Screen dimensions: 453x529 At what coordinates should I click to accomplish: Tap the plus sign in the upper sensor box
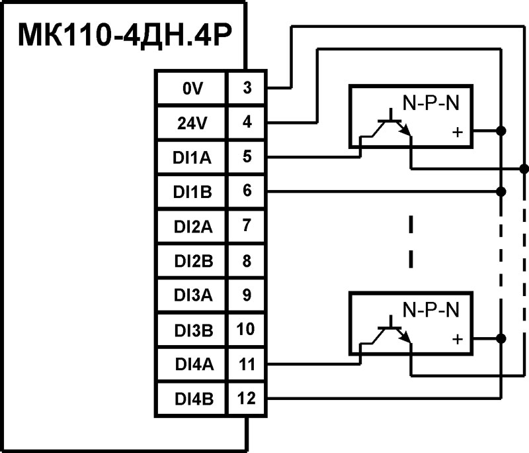point(456,132)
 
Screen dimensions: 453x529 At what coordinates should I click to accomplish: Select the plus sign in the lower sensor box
point(456,339)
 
